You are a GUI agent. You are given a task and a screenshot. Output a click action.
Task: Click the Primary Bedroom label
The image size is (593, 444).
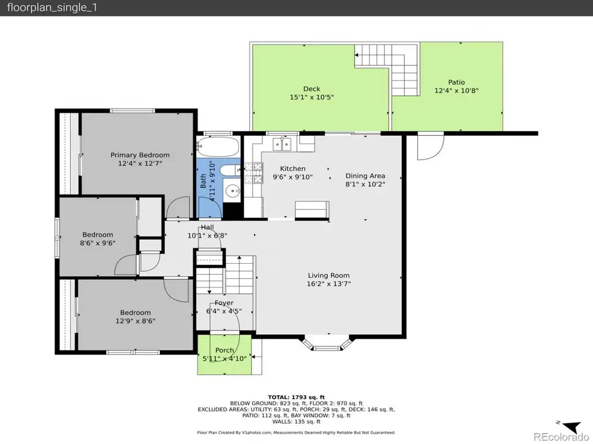140,155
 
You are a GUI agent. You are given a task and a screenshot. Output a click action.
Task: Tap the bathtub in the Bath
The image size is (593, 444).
218,146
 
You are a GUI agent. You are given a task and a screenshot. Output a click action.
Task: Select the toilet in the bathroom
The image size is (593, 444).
229,171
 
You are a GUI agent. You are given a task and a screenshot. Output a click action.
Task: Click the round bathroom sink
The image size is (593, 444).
231,191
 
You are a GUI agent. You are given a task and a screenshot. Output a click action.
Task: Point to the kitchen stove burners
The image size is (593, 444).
253,173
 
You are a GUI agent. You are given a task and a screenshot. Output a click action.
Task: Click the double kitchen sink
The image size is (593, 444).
282,144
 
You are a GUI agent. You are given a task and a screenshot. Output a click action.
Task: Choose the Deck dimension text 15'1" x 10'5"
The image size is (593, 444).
312,97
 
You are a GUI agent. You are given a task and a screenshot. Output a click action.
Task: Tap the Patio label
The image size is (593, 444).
456,82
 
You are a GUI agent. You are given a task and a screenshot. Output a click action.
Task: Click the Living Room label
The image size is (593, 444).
329,275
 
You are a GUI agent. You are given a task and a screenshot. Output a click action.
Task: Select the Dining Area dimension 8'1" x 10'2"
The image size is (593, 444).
365,184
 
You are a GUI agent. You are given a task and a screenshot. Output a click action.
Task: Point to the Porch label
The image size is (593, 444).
225,350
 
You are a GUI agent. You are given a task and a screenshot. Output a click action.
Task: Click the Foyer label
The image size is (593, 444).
224,303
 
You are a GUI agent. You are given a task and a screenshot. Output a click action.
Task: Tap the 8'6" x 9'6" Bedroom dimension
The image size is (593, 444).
97,243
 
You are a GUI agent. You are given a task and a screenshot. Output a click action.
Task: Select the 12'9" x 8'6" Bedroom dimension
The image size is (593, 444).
136,321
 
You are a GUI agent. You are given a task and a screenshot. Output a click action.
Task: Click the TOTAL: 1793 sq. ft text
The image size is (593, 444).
296,397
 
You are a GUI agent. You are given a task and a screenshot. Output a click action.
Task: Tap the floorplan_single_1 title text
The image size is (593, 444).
52,8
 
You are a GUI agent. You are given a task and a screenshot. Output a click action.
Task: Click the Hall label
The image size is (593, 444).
207,227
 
